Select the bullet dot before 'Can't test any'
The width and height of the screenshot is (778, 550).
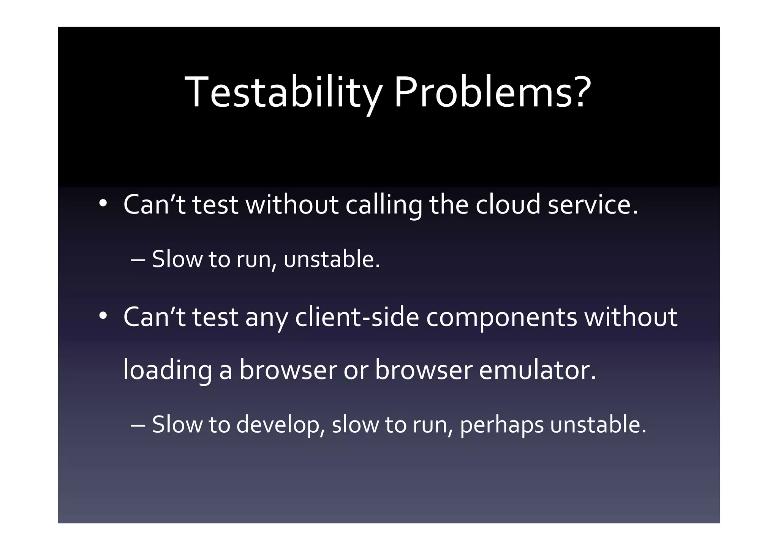click(x=103, y=316)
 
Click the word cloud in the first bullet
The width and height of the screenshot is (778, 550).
click(x=508, y=204)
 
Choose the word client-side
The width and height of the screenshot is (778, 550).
click(x=357, y=317)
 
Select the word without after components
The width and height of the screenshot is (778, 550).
click(x=631, y=317)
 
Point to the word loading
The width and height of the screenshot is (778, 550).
click(x=168, y=371)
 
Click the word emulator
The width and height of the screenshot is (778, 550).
click(x=538, y=370)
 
